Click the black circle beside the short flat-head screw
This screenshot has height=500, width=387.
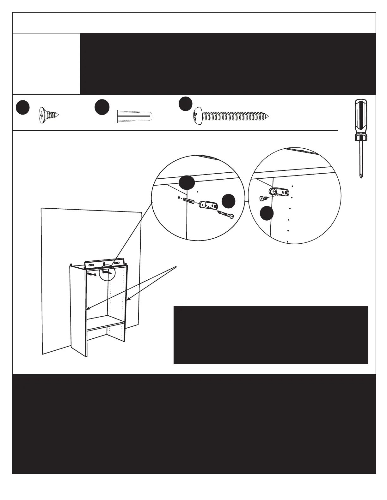tap(23, 107)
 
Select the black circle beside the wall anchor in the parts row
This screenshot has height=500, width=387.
tap(102, 107)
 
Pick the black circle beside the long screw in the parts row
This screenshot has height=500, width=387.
tap(186, 104)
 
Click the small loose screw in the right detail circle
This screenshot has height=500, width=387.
tap(263, 198)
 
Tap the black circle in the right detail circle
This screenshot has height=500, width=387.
tap(267, 213)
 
